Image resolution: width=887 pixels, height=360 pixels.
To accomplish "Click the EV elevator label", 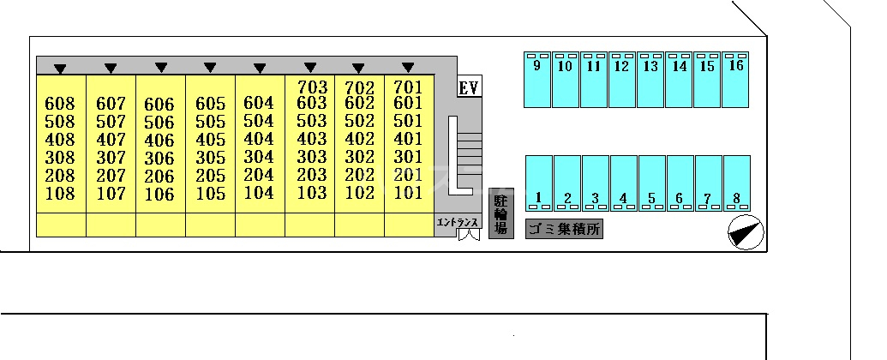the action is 469,88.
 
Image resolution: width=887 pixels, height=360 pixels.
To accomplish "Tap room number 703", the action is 312,87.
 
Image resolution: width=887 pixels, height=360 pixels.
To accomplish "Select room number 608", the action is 59,104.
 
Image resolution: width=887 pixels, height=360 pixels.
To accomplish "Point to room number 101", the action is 408,193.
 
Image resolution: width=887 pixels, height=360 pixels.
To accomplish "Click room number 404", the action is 259,139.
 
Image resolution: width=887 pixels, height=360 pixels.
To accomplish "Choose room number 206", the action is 159,176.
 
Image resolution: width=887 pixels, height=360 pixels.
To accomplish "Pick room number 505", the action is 210,122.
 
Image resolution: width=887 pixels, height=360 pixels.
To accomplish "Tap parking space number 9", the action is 536,66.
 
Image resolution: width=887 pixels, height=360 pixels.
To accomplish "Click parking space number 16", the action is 736,65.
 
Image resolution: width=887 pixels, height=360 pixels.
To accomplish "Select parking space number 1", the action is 538,197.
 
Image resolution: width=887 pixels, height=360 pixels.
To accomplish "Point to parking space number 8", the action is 736,198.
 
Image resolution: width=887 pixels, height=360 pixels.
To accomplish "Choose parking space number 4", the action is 623,198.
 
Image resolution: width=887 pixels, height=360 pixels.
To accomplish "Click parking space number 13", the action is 651,66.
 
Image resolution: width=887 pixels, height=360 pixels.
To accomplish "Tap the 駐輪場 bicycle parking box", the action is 501,213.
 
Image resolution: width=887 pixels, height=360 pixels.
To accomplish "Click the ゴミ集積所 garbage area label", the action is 564,229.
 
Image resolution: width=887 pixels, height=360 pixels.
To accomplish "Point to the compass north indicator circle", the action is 746,232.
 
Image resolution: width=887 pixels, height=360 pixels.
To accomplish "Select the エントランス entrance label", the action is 458,223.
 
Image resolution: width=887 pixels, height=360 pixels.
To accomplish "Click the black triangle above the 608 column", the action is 60,69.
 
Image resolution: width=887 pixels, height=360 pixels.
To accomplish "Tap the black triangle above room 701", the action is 408,68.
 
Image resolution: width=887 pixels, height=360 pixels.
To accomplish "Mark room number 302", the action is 360,157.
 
